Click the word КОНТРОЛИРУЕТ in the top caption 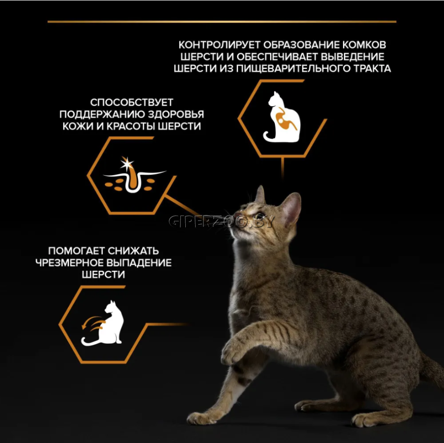pos(219,45)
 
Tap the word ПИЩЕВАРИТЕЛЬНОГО pos(293,68)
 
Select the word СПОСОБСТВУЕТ pos(132,102)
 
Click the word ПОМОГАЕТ pos(76,251)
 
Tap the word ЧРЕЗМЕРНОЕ pos(69,263)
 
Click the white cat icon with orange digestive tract pos(282,117)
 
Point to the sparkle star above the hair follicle pos(127,163)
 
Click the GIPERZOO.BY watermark pos(222,221)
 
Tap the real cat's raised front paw pos(232,351)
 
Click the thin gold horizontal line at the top pos(222,22)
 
